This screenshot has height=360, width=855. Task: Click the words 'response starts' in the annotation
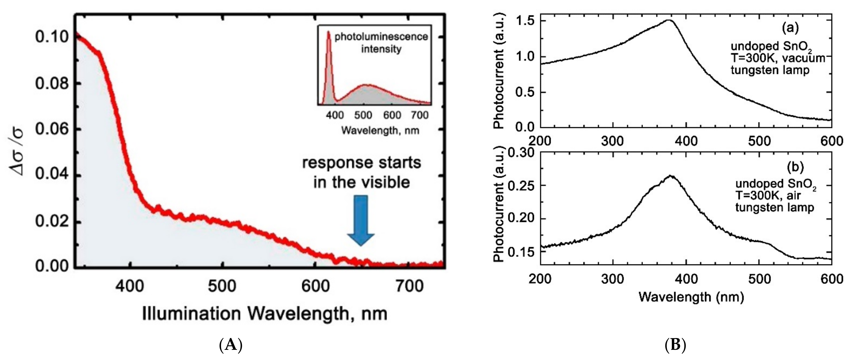(x=361, y=163)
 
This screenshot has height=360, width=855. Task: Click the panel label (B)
(x=676, y=346)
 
